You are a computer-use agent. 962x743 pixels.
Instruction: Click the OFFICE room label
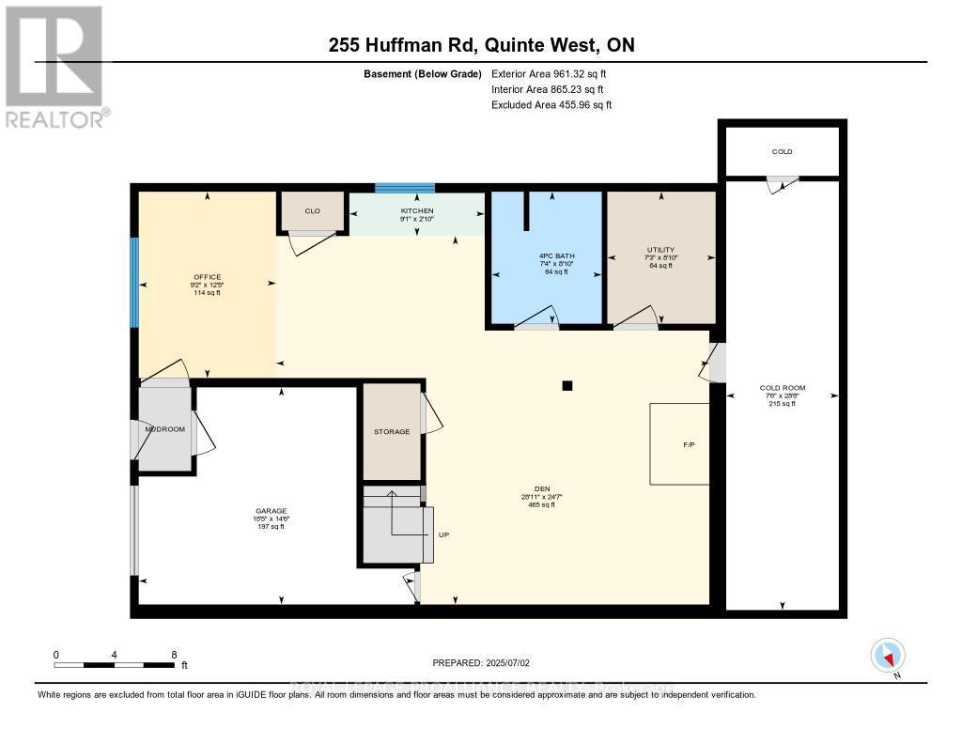[x=207, y=277]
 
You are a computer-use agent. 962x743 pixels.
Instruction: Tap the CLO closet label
[x=312, y=211]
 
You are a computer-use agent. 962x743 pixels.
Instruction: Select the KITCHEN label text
[x=416, y=211]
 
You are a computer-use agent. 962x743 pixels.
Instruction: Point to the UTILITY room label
[x=660, y=250]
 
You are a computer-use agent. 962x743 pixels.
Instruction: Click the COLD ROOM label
[x=782, y=388]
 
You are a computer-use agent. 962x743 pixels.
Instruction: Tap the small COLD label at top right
[x=782, y=151]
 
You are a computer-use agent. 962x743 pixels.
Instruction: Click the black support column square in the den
[x=566, y=384]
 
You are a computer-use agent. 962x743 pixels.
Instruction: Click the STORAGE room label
[x=392, y=431]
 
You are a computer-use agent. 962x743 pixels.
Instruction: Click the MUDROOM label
[x=165, y=428]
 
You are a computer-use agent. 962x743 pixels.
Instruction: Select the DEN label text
[x=541, y=488]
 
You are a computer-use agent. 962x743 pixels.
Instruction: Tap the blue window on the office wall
[x=134, y=282]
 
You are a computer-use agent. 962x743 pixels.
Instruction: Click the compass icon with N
[x=888, y=655]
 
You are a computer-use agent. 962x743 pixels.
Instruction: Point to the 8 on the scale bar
[x=174, y=654]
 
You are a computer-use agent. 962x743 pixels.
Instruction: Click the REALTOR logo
[x=54, y=66]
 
